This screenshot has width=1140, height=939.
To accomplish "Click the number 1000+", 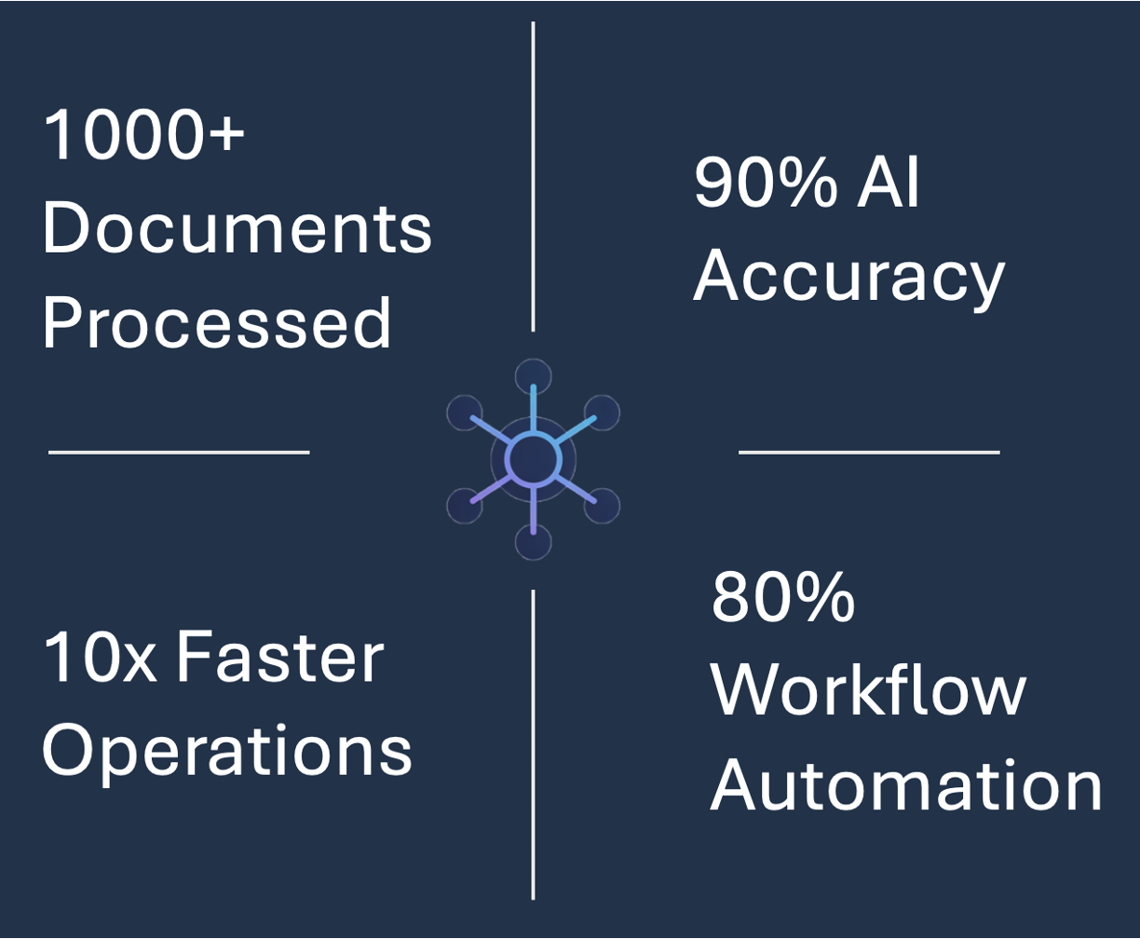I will click(144, 135).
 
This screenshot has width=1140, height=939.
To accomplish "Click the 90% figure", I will click(765, 184).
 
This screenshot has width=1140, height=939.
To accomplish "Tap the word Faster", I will click(280, 658).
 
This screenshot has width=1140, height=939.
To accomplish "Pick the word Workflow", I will click(868, 691).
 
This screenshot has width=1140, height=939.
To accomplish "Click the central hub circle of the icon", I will click(533, 458).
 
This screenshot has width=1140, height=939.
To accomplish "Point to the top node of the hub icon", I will click(533, 376).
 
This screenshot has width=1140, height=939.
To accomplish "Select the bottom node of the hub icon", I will click(533, 541).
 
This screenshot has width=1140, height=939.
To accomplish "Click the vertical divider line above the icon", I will click(533, 177).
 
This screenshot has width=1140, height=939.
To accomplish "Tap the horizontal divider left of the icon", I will click(179, 453).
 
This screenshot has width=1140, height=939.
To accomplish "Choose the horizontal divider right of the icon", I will click(869, 453).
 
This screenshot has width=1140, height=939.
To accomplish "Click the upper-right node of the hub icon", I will click(603, 413).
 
